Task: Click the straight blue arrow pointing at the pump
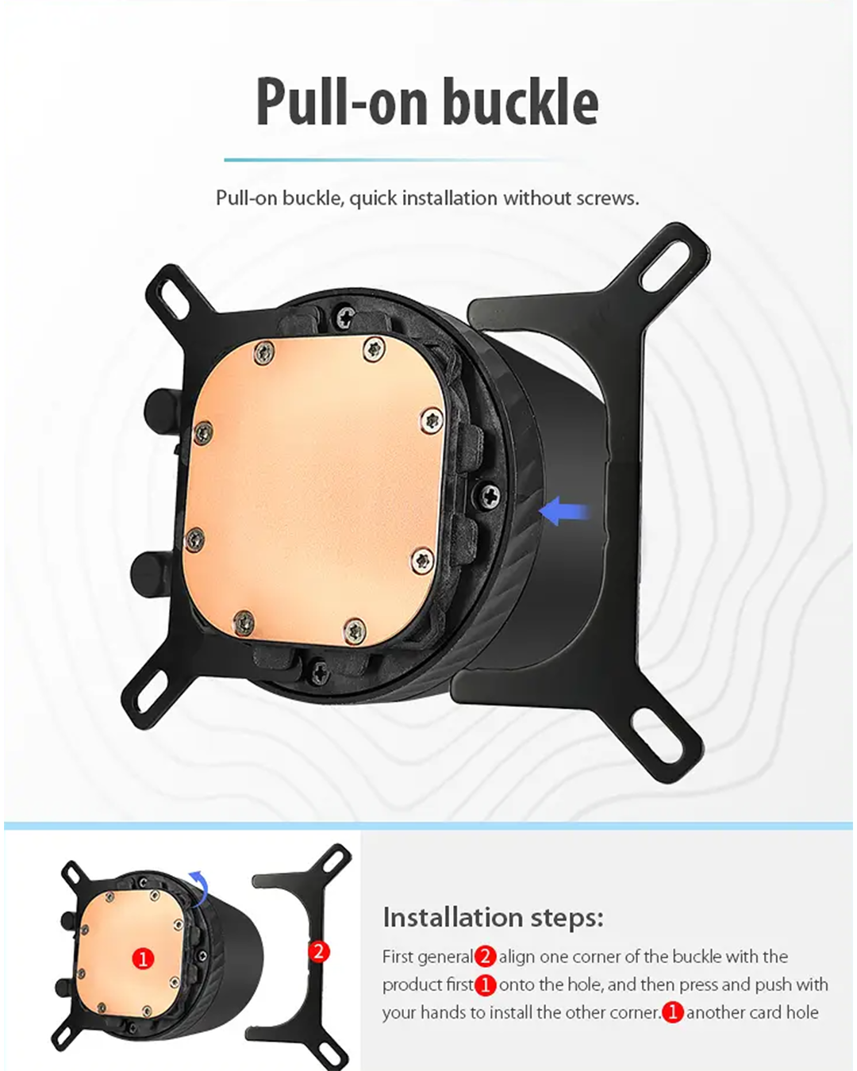click(x=565, y=511)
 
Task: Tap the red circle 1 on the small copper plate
click(x=144, y=958)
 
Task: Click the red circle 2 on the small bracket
click(x=319, y=951)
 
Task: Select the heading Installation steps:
click(x=493, y=917)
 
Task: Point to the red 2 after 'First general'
click(x=485, y=957)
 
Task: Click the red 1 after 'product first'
click(x=485, y=985)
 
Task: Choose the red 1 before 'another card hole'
click(x=672, y=1013)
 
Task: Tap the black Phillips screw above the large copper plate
click(x=345, y=317)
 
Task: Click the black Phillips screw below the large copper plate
click(x=319, y=670)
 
